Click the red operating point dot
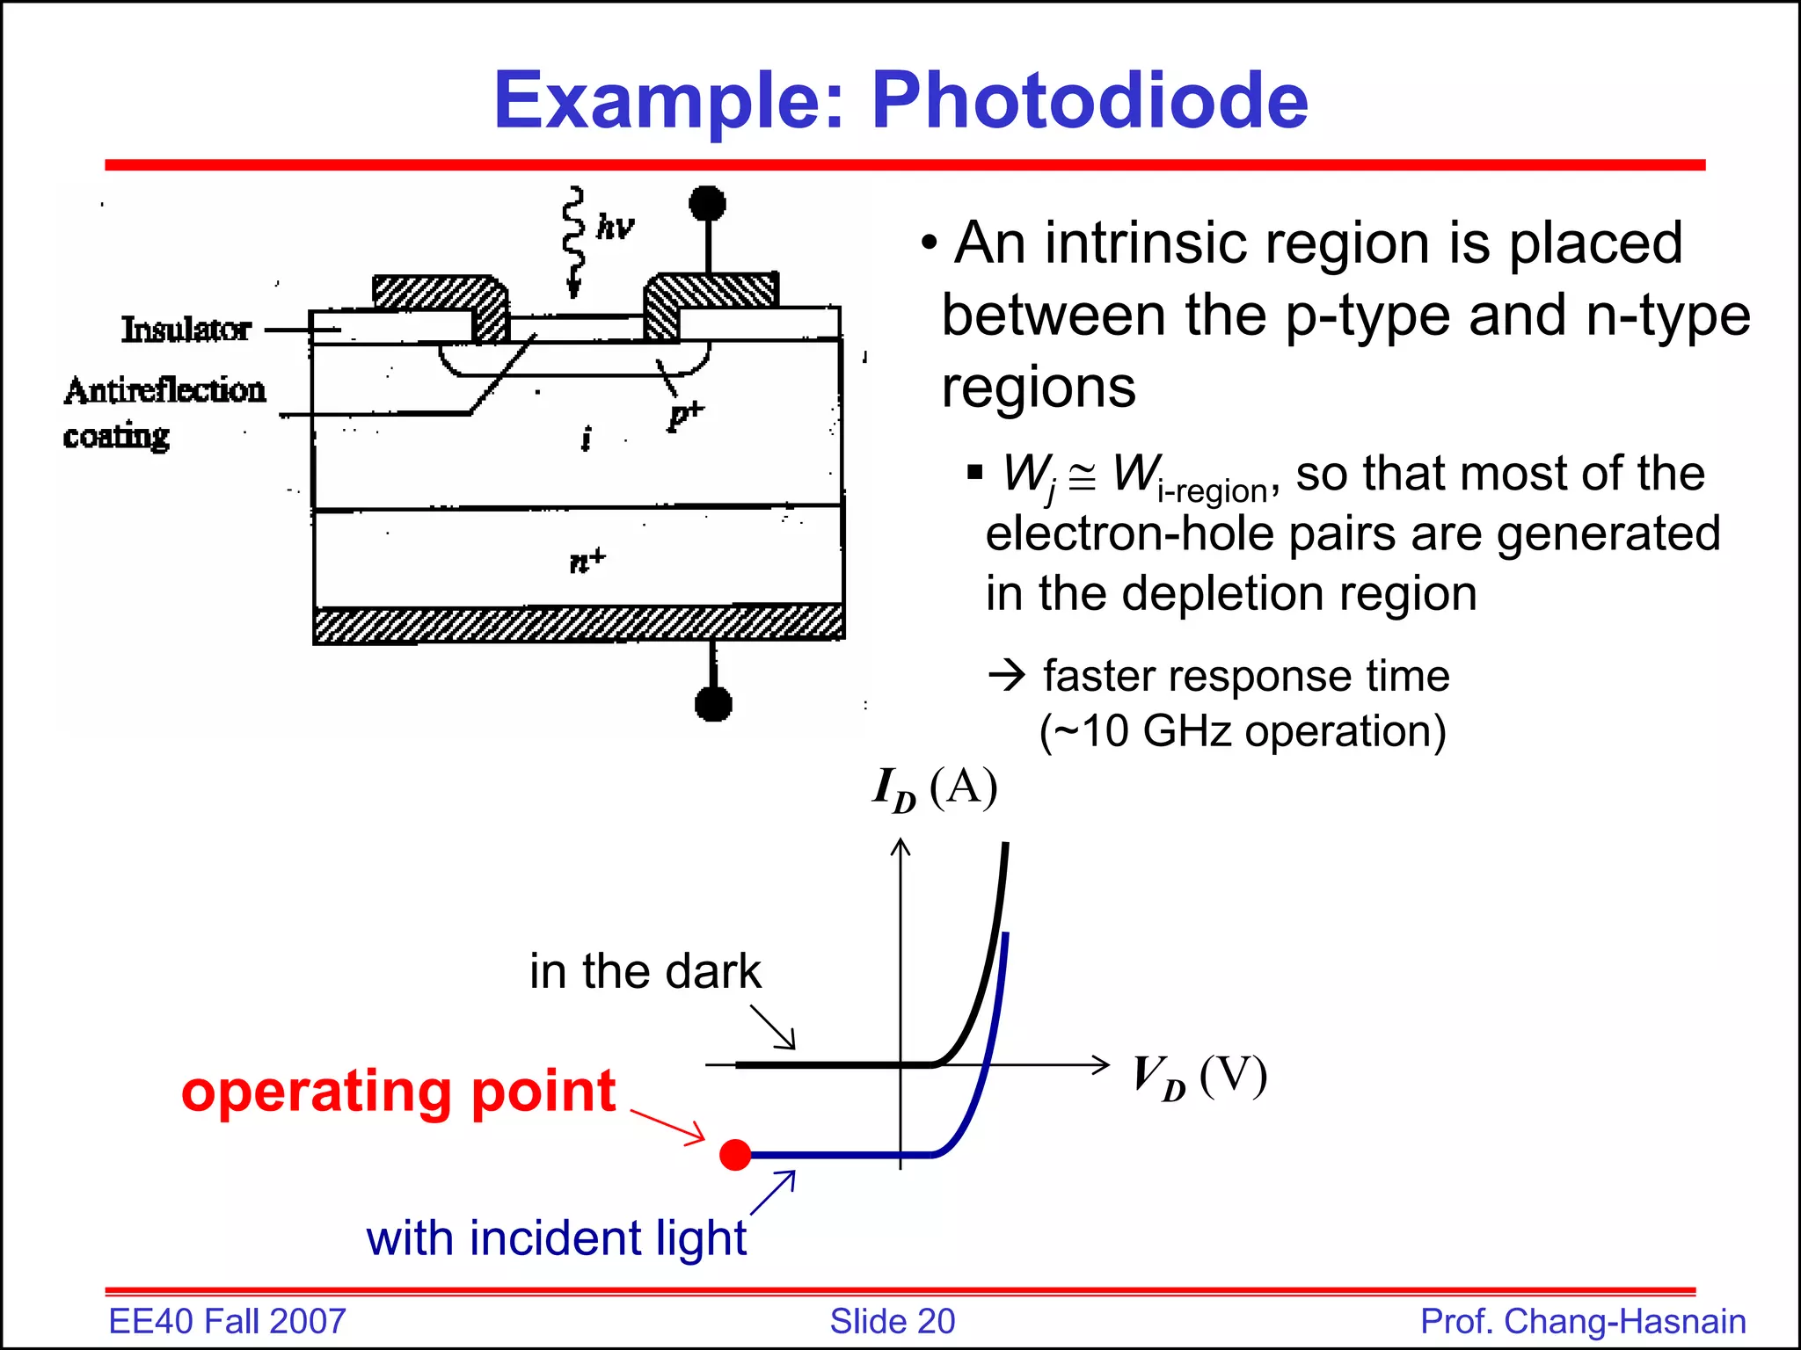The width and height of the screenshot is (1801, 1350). pyautogui.click(x=735, y=1154)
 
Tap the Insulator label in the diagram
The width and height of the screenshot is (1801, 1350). pyautogui.click(x=186, y=329)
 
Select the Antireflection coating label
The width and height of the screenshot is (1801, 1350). pyautogui.click(x=164, y=411)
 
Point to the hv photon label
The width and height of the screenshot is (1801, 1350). pyautogui.click(x=614, y=227)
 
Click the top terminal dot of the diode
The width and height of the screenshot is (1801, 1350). pyautogui.click(x=707, y=204)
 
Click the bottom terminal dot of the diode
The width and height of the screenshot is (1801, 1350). pyautogui.click(x=713, y=703)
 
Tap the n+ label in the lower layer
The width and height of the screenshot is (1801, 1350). pyautogui.click(x=587, y=559)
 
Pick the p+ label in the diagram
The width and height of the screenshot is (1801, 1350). pyautogui.click(x=685, y=414)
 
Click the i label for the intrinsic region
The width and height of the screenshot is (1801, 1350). pyautogui.click(x=586, y=437)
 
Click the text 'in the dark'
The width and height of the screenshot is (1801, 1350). pyautogui.click(x=645, y=971)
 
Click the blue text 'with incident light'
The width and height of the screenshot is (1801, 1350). pyautogui.click(x=556, y=1237)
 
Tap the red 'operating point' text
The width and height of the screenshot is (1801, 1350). pyautogui.click(x=398, y=1091)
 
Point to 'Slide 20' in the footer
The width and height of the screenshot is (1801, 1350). pyautogui.click(x=892, y=1321)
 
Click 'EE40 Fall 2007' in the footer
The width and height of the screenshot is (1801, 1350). pyautogui.click(x=227, y=1321)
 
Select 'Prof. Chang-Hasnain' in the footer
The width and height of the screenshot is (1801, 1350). pyautogui.click(x=1583, y=1321)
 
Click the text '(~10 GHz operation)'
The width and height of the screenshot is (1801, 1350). pyautogui.click(x=1242, y=731)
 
